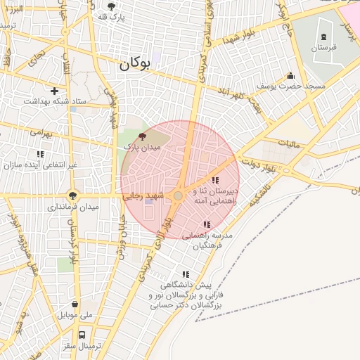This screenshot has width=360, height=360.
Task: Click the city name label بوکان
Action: pyautogui.click(x=135, y=63)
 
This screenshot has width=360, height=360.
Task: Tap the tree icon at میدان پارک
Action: pyautogui.click(x=143, y=136)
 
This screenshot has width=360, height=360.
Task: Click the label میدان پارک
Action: pyautogui.click(x=143, y=148)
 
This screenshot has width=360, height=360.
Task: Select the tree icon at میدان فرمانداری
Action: pyautogui.click(x=73, y=195)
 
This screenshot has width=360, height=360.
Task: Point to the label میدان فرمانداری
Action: pyautogui.click(x=73, y=207)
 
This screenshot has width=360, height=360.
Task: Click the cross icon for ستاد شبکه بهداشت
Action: pyautogui.click(x=54, y=91)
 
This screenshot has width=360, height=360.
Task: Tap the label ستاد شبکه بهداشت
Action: pyautogui.click(x=55, y=102)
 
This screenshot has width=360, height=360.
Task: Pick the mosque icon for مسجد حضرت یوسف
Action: pyautogui.click(x=291, y=75)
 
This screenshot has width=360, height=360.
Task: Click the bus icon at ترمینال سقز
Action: pyautogui.click(x=82, y=335)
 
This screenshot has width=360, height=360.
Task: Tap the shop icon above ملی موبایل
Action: pyautogui.click(x=75, y=304)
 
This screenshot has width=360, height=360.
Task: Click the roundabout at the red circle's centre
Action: pyautogui.click(x=179, y=196)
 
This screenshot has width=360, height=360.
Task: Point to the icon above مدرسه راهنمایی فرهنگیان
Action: pyautogui.click(x=206, y=224)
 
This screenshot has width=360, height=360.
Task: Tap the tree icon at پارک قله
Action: pyautogui.click(x=111, y=6)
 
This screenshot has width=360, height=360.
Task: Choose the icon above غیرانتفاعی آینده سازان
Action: pyautogui.click(x=40, y=153)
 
